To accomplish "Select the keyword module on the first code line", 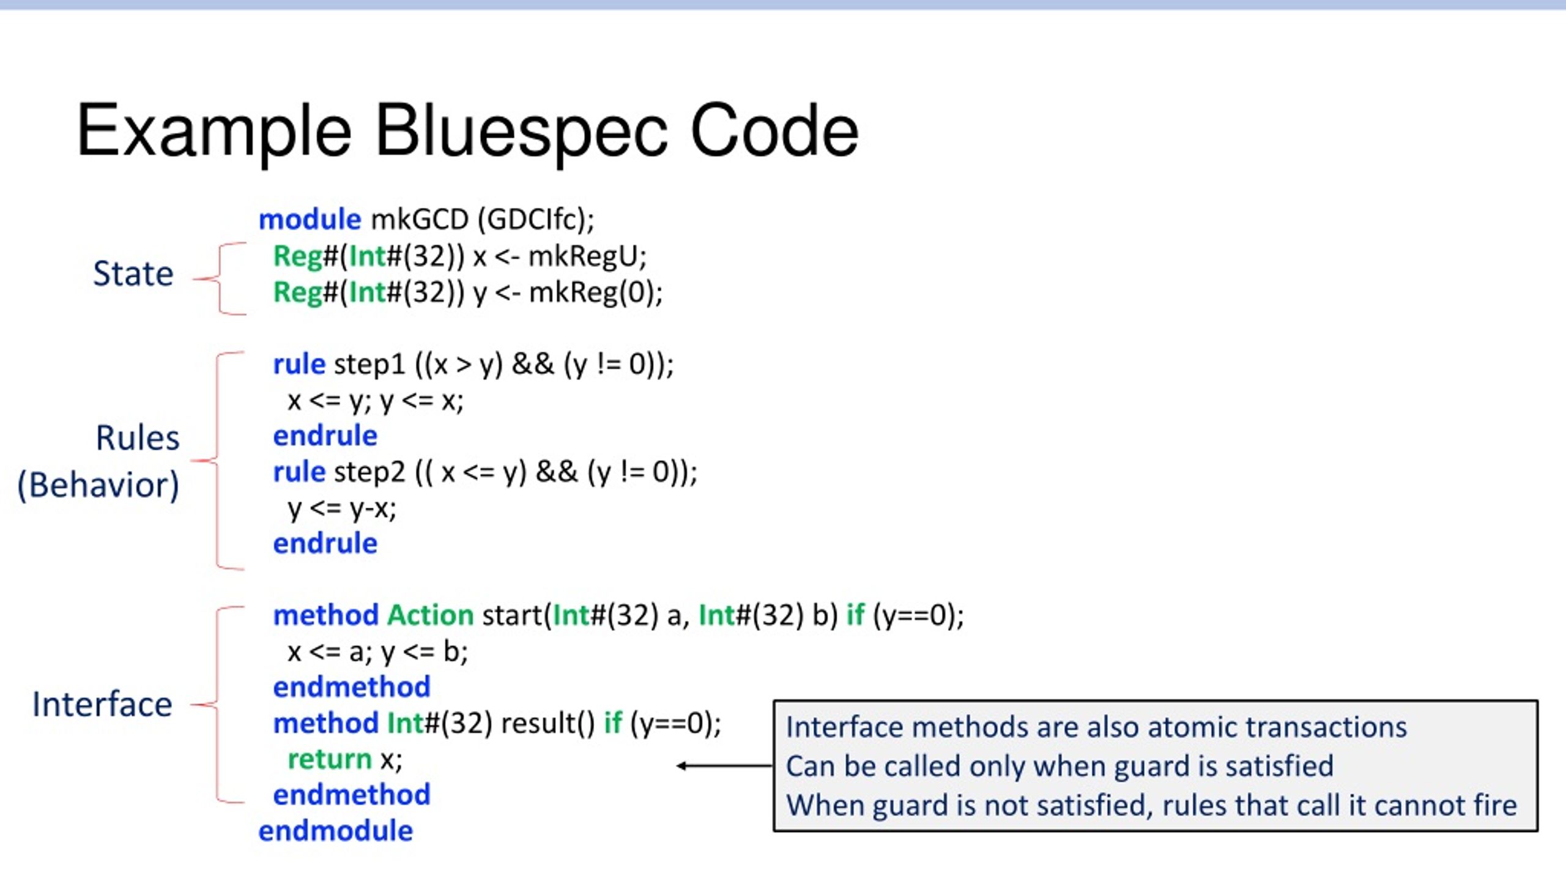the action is click(310, 219).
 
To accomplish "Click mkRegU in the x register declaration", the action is click(587, 256).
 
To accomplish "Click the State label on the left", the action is click(133, 273).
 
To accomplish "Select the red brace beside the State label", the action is click(219, 279).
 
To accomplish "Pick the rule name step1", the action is click(369, 365).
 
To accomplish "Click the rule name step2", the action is click(369, 472).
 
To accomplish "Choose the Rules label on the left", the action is click(138, 438).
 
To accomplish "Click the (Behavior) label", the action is click(98, 485).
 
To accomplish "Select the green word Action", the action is click(430, 615).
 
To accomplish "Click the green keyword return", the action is click(329, 760).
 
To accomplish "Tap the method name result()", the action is click(547, 724).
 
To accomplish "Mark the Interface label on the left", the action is click(102, 704).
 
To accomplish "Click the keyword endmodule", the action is click(335, 831).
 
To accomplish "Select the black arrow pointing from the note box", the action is click(725, 765).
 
